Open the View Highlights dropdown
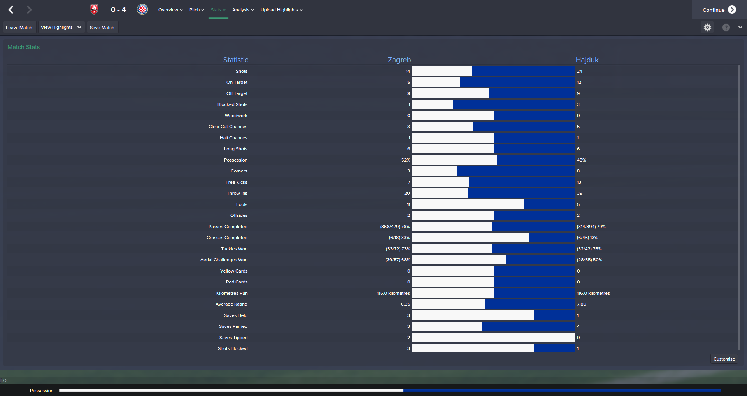click(61, 27)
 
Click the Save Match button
click(102, 28)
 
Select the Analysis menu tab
click(243, 10)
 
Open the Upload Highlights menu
click(281, 10)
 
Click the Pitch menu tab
click(196, 10)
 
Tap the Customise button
click(724, 359)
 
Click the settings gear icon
click(707, 27)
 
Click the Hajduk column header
click(587, 60)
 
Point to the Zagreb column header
click(399, 60)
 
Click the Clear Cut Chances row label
click(228, 127)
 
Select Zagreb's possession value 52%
click(405, 160)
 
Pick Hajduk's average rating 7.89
click(581, 304)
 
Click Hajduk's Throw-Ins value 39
click(579, 193)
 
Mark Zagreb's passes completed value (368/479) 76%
click(395, 227)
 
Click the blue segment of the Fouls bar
click(549, 204)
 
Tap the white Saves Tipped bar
click(493, 338)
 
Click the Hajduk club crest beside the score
click(142, 10)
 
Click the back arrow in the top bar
click(11, 10)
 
